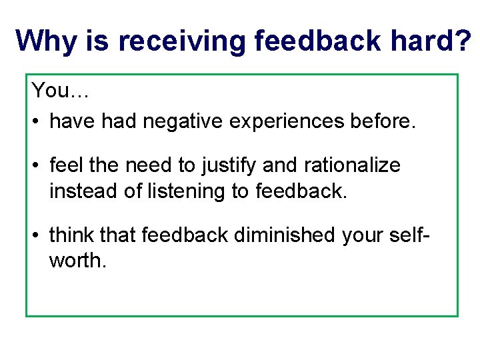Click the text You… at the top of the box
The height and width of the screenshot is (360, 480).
pos(60,90)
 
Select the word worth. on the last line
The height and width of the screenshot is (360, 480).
pos(77,261)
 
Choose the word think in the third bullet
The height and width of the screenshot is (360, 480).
pos(72,235)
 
